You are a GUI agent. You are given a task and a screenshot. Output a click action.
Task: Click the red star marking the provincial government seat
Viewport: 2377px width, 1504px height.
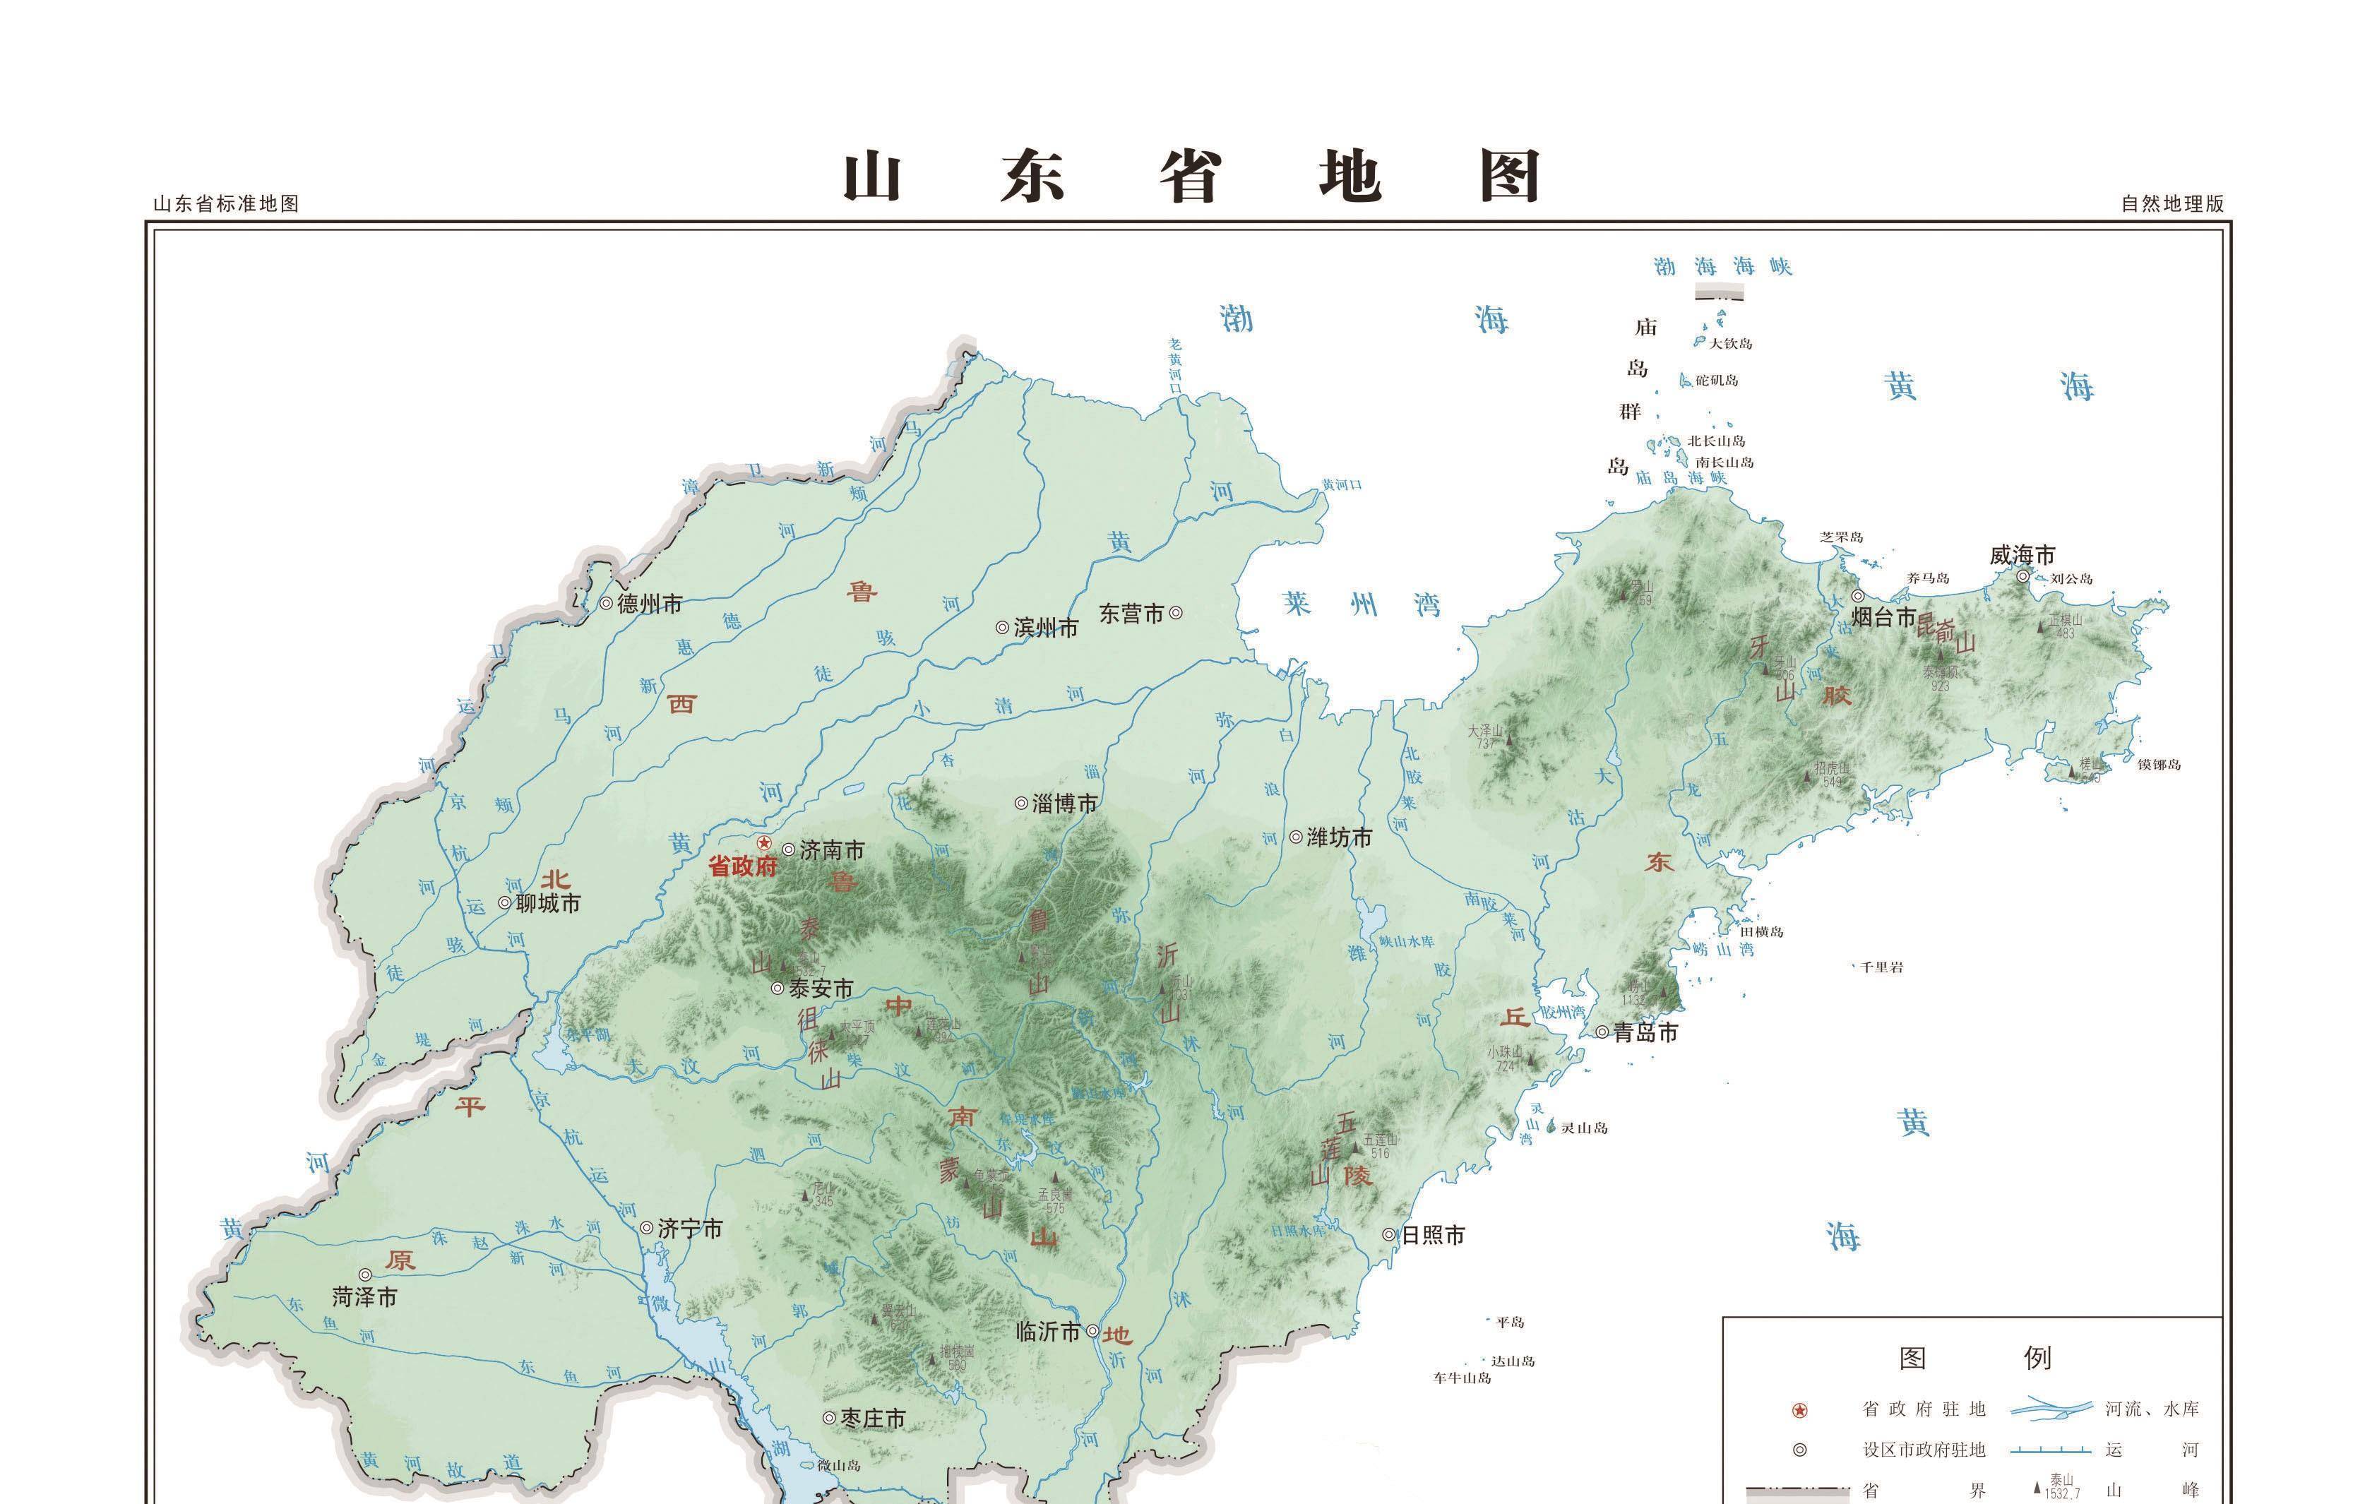[763, 844]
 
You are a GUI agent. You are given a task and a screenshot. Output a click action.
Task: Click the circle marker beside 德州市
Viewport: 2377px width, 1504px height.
[606, 603]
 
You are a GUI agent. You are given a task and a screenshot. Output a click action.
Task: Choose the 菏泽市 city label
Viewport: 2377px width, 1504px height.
[364, 1298]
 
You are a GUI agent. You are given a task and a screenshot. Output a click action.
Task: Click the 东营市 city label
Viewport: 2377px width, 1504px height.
[1131, 614]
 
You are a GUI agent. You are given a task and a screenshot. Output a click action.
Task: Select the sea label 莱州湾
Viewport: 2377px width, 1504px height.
[1362, 604]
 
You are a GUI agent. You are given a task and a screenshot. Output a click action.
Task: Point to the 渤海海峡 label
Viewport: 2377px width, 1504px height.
[1722, 266]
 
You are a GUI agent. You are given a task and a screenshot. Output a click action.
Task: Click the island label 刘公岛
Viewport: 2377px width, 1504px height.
[2071, 578]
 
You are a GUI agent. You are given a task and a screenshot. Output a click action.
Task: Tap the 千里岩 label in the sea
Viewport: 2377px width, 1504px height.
[1881, 967]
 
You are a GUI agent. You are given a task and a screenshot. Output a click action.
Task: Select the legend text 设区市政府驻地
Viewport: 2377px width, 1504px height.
[1923, 1450]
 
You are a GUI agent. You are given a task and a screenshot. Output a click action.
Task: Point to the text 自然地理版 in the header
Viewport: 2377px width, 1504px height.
[2173, 204]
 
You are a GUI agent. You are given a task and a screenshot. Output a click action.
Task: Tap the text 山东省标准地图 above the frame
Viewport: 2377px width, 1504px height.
[226, 204]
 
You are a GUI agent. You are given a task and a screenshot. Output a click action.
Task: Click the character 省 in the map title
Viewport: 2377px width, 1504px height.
[1191, 178]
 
